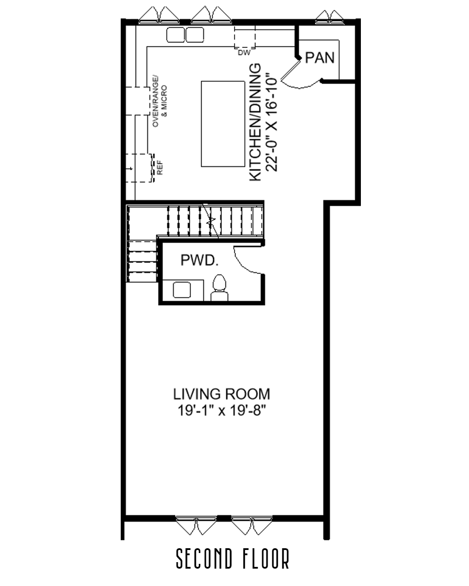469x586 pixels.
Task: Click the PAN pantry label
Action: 320,57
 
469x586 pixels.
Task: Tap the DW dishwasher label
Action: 244,53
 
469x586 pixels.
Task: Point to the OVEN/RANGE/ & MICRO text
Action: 159,101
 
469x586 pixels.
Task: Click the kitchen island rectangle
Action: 223,124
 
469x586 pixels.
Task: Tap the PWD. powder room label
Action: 199,260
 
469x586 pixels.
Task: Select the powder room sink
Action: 182,290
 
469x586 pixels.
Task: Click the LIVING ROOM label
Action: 221,394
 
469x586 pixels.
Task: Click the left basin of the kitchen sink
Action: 175,35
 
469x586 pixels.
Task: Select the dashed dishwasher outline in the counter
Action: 244,37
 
